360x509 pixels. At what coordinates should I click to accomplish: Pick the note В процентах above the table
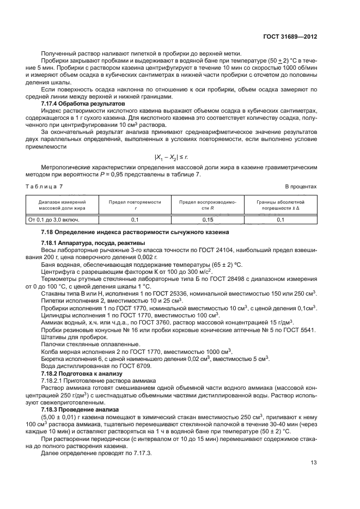click(301, 186)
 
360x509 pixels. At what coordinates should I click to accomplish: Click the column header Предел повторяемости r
click(135, 205)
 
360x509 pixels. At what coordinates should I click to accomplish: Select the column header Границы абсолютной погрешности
click(280, 205)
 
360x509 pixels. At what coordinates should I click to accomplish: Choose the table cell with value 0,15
click(208, 220)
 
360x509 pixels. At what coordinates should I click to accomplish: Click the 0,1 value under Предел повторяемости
click(135, 220)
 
